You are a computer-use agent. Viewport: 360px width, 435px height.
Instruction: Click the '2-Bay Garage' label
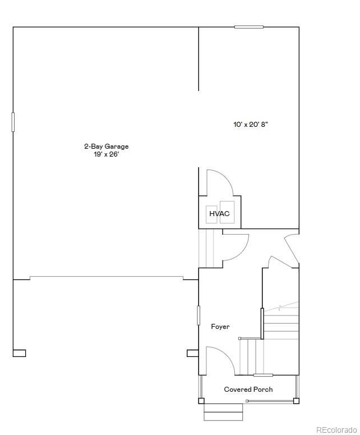tap(107, 146)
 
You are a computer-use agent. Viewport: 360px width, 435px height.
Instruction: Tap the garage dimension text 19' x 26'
tap(107, 154)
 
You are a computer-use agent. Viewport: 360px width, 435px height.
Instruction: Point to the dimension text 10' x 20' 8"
tap(251, 125)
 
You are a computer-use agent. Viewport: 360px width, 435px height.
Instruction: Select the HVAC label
tap(219, 214)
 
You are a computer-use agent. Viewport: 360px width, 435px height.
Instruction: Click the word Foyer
tap(220, 327)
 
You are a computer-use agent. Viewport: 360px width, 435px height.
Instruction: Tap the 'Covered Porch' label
tap(248, 390)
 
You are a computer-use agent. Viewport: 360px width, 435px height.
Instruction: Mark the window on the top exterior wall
tap(249, 27)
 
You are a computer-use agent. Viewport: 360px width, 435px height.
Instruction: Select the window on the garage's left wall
tap(13, 122)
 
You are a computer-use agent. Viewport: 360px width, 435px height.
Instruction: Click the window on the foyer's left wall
tap(199, 314)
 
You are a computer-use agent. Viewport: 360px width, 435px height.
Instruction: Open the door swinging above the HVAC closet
tap(218, 182)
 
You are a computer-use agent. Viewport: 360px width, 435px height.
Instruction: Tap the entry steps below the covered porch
tap(223, 411)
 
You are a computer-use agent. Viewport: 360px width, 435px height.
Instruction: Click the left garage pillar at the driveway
tap(19, 353)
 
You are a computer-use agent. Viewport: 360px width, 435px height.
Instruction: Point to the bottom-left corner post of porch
tap(201, 401)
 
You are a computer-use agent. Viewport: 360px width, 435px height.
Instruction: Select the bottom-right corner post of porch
tap(296, 401)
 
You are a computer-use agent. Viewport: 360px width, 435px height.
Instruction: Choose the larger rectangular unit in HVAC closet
tap(227, 212)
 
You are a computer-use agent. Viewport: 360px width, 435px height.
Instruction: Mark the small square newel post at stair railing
tap(240, 338)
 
